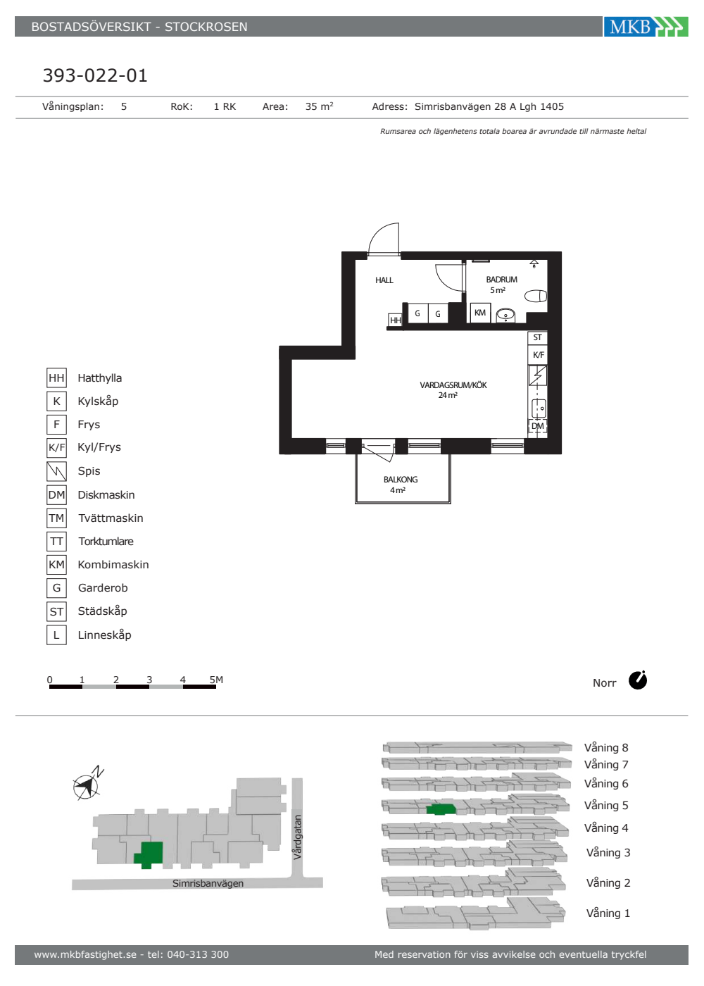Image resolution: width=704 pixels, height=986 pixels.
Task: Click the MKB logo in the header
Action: [x=646, y=27]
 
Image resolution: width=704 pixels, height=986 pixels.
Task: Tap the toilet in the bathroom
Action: [x=536, y=296]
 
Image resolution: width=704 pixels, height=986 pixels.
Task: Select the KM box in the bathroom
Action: [x=480, y=313]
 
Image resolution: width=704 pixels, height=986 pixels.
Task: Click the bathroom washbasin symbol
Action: [x=505, y=316]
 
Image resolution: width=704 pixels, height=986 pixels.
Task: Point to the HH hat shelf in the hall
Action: [x=395, y=320]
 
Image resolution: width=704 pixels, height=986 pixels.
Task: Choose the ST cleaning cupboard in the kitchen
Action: [x=537, y=337]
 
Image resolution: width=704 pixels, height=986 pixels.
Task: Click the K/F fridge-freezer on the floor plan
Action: [x=538, y=355]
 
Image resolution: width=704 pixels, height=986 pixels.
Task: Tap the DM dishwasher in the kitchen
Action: [x=538, y=426]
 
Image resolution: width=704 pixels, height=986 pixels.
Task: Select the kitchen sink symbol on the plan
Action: [x=539, y=408]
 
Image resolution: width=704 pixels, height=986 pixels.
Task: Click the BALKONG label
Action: [x=401, y=480]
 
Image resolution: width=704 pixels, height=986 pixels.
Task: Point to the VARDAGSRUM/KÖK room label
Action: [x=453, y=385]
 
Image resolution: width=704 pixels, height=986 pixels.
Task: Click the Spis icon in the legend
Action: [x=57, y=471]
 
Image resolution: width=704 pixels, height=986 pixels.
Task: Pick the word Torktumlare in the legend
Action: [x=106, y=542]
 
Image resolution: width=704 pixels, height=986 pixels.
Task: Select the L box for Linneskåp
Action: [x=57, y=635]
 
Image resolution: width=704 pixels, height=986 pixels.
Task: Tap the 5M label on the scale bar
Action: [x=216, y=680]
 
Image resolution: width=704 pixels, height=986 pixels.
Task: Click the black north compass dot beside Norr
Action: [x=638, y=680]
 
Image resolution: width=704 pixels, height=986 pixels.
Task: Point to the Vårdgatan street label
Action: [x=298, y=837]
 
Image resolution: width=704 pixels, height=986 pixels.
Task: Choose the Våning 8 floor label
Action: [x=606, y=748]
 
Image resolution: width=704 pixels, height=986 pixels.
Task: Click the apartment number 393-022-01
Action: [x=95, y=75]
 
